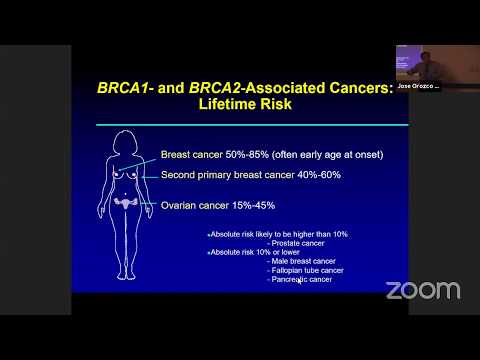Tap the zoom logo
tap(423, 291)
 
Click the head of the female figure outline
tap(127, 140)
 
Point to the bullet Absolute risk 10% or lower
tap(249, 252)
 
